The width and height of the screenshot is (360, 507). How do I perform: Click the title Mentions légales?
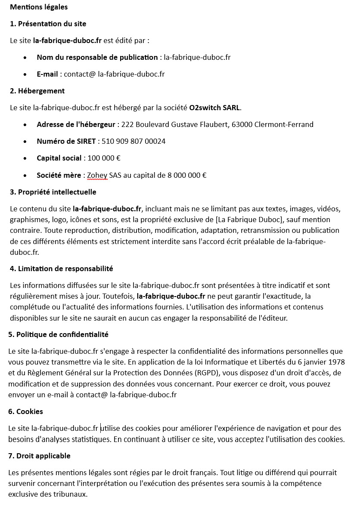[x=39, y=7]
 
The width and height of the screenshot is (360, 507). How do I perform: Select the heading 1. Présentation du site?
[x=48, y=24]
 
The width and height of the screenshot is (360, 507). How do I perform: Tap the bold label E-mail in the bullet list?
[x=47, y=74]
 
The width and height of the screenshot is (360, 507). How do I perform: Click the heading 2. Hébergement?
[x=37, y=91]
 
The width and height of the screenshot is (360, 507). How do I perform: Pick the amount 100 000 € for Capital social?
[x=104, y=158]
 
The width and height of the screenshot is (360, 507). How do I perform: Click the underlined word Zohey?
[x=97, y=175]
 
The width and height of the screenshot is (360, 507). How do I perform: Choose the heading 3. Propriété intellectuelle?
[x=53, y=192]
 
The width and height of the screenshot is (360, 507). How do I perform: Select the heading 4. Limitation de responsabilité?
[x=61, y=269]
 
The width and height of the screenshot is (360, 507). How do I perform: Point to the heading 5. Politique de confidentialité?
[x=58, y=334]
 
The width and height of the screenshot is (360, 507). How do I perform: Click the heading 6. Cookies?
[x=25, y=411]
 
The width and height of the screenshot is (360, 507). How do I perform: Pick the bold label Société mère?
[x=59, y=175]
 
